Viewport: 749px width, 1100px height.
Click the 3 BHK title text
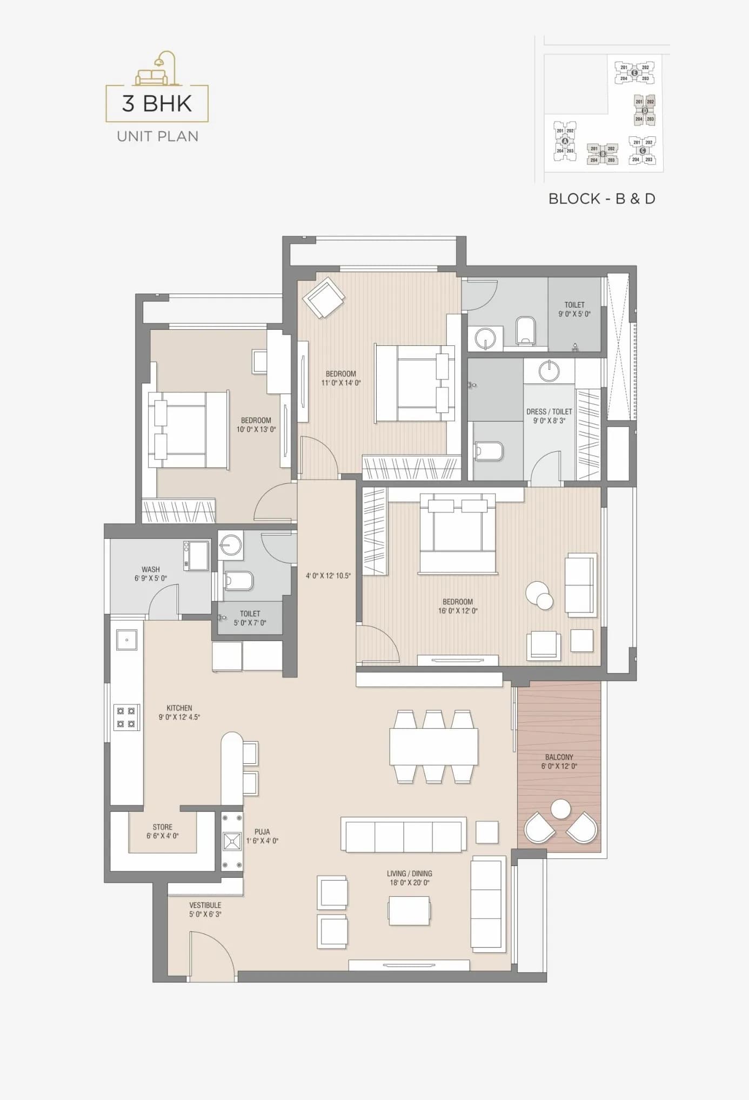[157, 103]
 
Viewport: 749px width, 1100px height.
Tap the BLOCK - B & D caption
[601, 199]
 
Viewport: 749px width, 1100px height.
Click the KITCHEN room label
[179, 708]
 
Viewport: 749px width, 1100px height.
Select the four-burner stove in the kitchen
[126, 717]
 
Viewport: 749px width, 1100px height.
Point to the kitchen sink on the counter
[126, 639]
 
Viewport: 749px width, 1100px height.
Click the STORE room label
[162, 826]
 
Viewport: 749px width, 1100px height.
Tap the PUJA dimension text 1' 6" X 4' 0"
[262, 841]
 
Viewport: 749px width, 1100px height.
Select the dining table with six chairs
[433, 746]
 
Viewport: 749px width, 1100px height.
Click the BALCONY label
[559, 757]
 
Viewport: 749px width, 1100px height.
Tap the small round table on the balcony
[560, 809]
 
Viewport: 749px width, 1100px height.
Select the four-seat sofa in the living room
[404, 835]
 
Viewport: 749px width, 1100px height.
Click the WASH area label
[150, 569]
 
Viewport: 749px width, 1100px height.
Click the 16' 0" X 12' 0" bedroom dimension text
[458, 611]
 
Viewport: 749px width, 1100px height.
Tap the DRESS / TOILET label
[549, 411]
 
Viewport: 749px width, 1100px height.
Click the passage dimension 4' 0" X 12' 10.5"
[328, 576]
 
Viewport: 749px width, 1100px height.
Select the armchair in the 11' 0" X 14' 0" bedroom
[323, 297]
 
